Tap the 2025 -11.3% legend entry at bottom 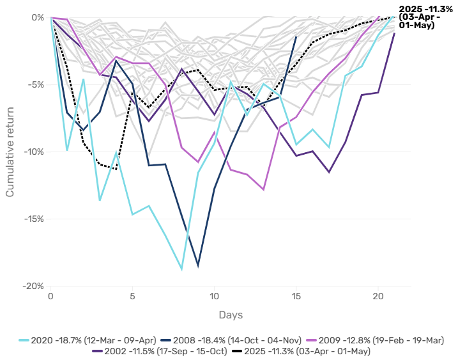[x=306, y=351]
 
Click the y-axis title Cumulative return [x=11, y=152]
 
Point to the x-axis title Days [x=231, y=315]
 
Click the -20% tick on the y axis [x=33, y=286]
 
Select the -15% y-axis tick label [x=33, y=219]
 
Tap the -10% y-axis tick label [x=33, y=152]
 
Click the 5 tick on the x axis [x=132, y=297]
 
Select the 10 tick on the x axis [x=214, y=297]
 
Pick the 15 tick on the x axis [x=296, y=297]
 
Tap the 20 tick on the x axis [x=378, y=297]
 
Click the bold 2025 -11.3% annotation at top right [x=425, y=17]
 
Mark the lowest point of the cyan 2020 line [x=181, y=269]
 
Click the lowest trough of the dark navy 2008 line [x=198, y=265]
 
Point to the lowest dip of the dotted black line [x=116, y=169]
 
